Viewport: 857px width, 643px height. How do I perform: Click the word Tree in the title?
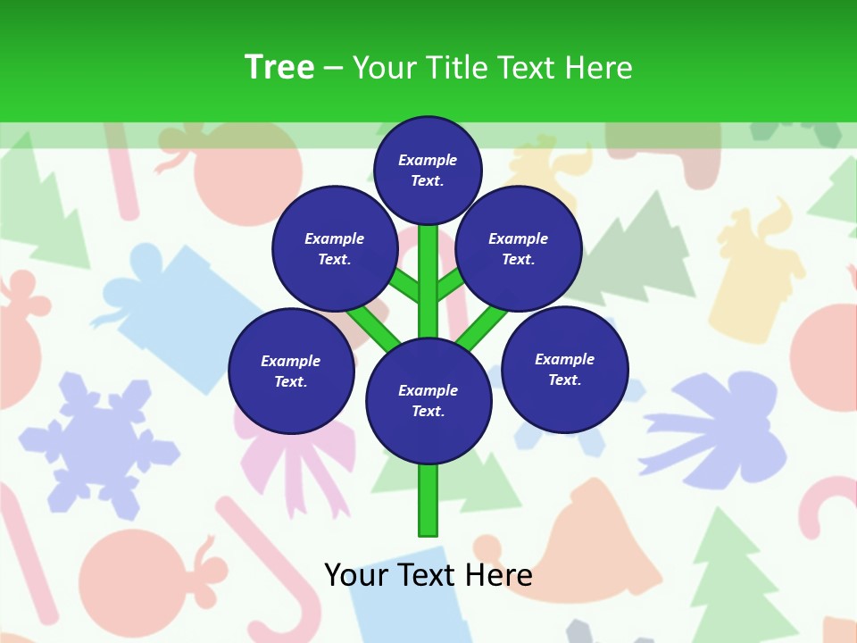pyautogui.click(x=279, y=67)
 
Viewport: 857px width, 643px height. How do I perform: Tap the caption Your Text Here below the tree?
pyautogui.click(x=428, y=574)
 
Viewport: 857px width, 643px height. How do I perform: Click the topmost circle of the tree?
pyautogui.click(x=428, y=170)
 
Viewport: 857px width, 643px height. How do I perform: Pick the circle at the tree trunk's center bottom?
pyautogui.click(x=428, y=401)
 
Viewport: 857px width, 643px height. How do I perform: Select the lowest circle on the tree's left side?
pyautogui.click(x=291, y=372)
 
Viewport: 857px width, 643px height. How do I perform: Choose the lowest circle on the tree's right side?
pyautogui.click(x=564, y=370)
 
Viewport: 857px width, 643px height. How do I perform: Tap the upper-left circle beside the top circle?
pyautogui.click(x=335, y=249)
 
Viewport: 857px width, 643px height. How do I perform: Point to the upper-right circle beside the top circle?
pyautogui.click(x=518, y=249)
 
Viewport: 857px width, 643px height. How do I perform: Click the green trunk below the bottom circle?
pyautogui.click(x=428, y=500)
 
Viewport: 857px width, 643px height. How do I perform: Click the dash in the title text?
pyautogui.click(x=333, y=68)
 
